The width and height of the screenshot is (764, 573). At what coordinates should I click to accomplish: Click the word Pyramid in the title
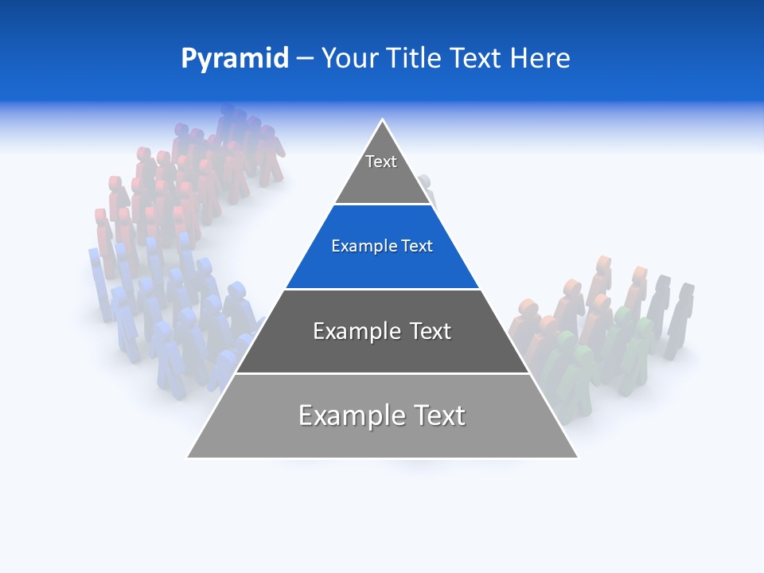(235, 59)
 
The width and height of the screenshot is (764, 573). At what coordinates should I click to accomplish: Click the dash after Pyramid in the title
(305, 59)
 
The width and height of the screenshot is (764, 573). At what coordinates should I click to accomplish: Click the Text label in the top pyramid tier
(381, 162)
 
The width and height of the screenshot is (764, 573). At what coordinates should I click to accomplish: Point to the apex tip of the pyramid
(383, 120)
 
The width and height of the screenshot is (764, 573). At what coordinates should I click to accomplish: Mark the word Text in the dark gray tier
(431, 331)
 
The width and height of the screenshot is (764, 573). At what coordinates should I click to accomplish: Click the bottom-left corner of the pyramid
(188, 458)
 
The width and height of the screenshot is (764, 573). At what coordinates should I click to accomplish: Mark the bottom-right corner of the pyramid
(578, 458)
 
